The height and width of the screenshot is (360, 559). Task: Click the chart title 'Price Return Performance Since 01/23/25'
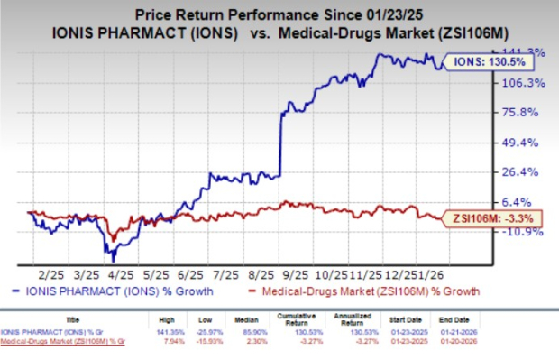279,14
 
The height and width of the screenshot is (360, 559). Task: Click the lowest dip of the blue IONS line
112,260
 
